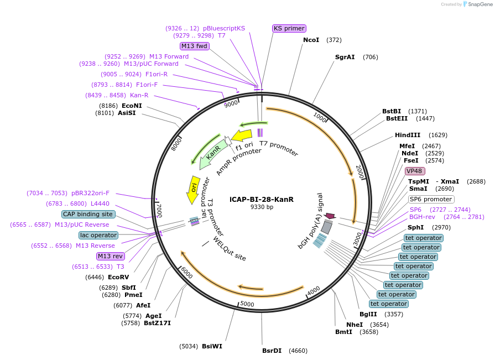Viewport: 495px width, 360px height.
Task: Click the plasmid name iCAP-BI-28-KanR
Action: point(262,199)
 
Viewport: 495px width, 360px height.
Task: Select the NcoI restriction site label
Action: point(311,40)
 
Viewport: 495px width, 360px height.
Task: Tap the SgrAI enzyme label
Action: point(345,57)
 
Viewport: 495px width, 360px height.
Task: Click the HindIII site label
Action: point(408,135)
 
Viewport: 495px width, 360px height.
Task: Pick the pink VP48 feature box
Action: point(414,171)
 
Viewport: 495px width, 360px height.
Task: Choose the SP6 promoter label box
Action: point(431,199)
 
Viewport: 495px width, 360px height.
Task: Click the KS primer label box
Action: point(289,28)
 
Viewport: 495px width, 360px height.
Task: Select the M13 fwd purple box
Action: point(195,46)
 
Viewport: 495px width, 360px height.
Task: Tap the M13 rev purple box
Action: point(110,256)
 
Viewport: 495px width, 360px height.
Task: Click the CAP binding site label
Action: point(88,214)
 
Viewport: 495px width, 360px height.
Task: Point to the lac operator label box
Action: point(98,235)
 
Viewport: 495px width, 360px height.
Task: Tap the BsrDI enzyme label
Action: point(272,351)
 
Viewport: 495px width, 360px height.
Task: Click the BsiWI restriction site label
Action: point(212,346)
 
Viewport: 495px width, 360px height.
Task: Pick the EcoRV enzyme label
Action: point(118,277)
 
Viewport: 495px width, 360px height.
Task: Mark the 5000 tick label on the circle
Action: point(247,304)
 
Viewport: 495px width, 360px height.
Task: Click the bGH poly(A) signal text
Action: point(310,221)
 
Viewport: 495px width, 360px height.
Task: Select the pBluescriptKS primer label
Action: point(224,28)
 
